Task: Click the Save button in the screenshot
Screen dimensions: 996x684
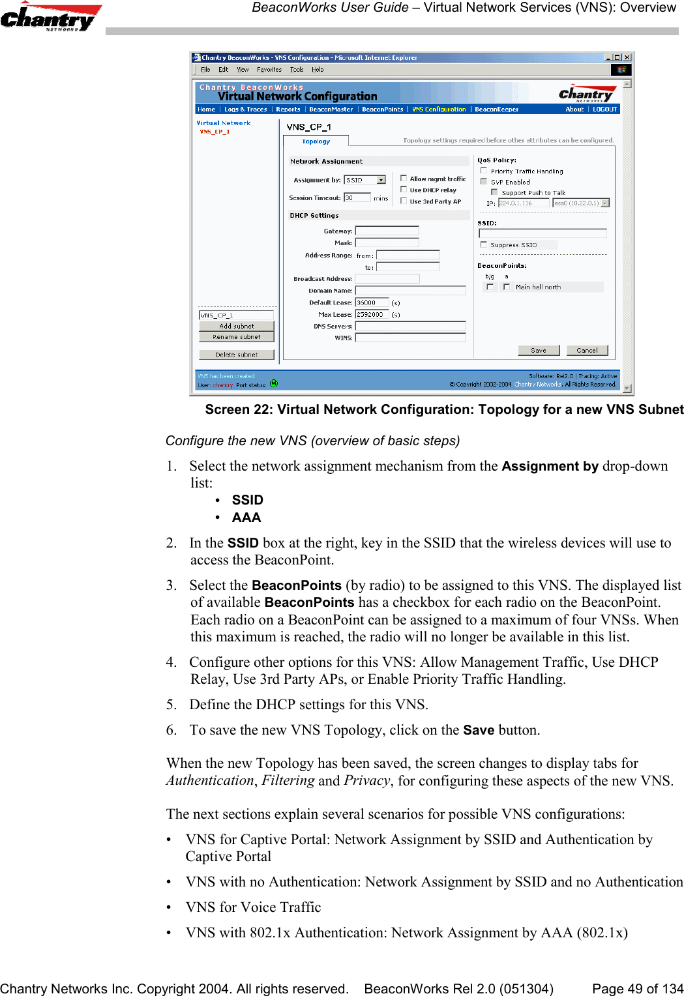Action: [539, 351]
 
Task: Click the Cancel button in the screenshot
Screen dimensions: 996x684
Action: [587, 351]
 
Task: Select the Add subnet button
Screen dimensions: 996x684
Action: [237, 326]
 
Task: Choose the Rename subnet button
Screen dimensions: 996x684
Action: [237, 337]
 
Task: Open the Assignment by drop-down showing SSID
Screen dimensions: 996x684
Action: [365, 180]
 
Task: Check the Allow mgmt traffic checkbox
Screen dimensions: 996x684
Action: [404, 179]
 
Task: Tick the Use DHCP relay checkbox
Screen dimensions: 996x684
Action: [404, 190]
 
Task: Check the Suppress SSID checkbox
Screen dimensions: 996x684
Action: [484, 245]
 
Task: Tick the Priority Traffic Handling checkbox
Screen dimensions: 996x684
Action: [484, 171]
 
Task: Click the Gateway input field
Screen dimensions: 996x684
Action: [387, 231]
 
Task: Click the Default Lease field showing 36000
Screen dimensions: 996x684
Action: [372, 302]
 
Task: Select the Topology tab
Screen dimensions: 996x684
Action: [316, 141]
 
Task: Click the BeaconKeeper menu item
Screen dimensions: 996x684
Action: [496, 110]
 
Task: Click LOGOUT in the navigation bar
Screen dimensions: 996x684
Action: [604, 110]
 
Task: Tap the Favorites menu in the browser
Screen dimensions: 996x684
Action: [269, 70]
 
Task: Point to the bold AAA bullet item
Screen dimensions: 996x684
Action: [246, 518]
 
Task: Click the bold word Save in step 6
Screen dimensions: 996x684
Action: [479, 730]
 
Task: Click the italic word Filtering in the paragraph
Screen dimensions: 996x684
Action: [288, 780]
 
